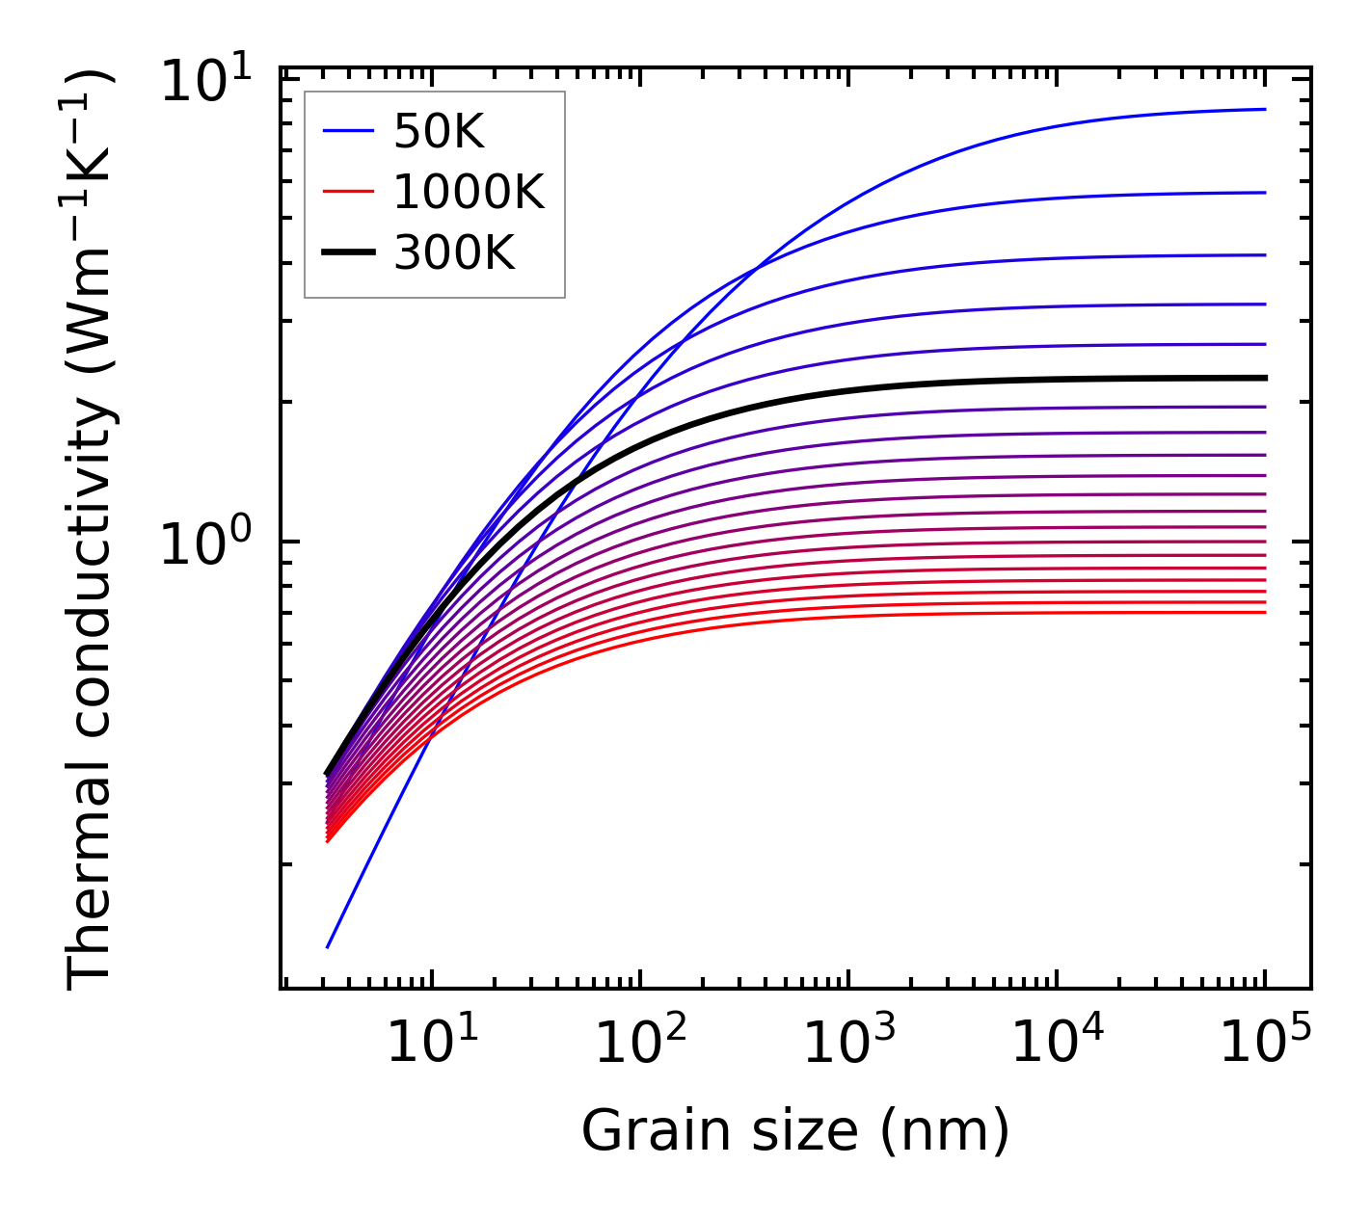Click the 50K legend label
tap(439, 132)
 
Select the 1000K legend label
tap(469, 193)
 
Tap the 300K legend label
tap(454, 253)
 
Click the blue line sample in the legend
tap(347, 132)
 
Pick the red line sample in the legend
tap(347, 193)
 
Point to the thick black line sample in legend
tap(347, 253)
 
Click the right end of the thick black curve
tap(1265, 378)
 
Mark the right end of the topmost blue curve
tap(1265, 109)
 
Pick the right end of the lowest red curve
tap(1265, 613)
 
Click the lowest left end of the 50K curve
tap(328, 947)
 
